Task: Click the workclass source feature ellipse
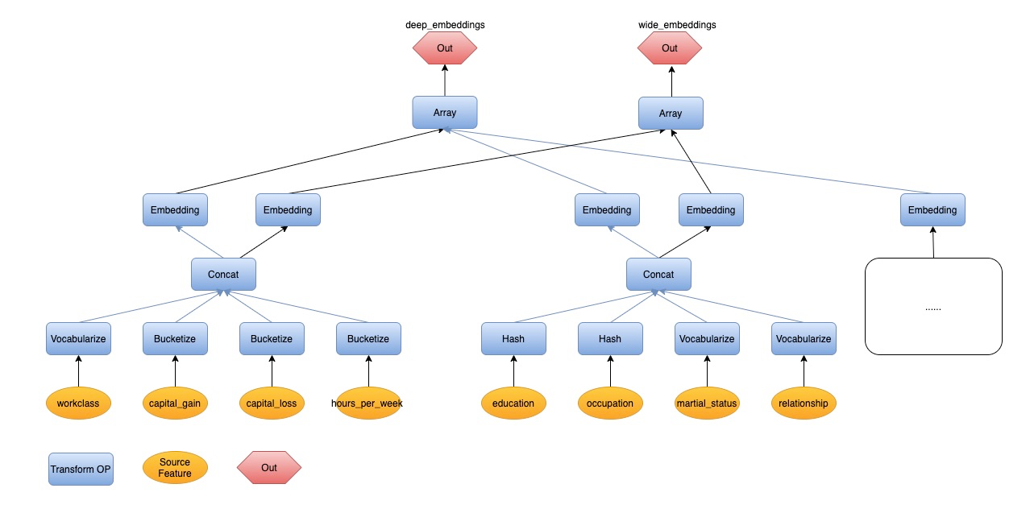click(x=78, y=403)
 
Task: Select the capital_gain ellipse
click(x=175, y=403)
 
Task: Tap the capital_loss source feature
click(x=272, y=403)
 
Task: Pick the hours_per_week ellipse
click(x=368, y=403)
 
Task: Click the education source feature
click(x=513, y=403)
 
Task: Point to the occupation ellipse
click(x=610, y=403)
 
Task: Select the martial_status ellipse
click(x=707, y=403)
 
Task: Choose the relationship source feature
click(x=804, y=403)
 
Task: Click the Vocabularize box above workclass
click(x=78, y=339)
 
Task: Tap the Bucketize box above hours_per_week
click(x=368, y=339)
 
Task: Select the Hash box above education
click(x=513, y=339)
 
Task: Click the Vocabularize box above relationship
click(x=804, y=339)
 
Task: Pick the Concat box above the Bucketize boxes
click(x=223, y=274)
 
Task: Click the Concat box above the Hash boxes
click(x=658, y=274)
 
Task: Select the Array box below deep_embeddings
click(x=445, y=113)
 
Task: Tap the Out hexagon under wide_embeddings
click(x=670, y=48)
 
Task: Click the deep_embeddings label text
click(x=445, y=25)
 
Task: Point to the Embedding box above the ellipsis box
click(x=932, y=209)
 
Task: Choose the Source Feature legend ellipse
click(x=175, y=468)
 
